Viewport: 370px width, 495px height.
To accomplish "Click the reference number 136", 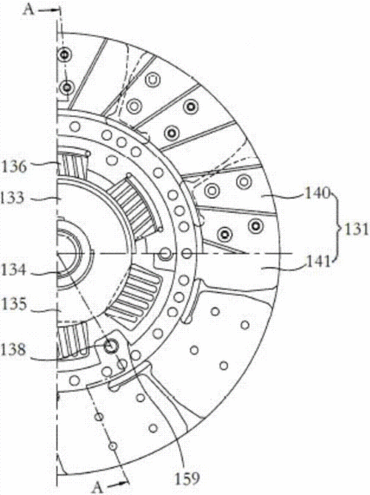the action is coord(15,166).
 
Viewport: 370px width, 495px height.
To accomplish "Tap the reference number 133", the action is coord(13,198).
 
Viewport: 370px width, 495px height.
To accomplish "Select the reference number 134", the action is coord(13,270).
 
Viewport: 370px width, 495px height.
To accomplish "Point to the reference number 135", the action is coord(13,304).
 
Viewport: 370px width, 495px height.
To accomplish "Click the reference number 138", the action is coord(13,350).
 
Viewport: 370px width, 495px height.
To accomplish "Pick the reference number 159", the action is coord(187,478).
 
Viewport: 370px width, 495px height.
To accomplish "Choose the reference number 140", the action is coord(317,193).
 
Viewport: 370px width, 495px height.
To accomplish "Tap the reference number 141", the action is coord(317,262).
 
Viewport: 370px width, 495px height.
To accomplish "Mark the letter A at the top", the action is coord(28,9).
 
